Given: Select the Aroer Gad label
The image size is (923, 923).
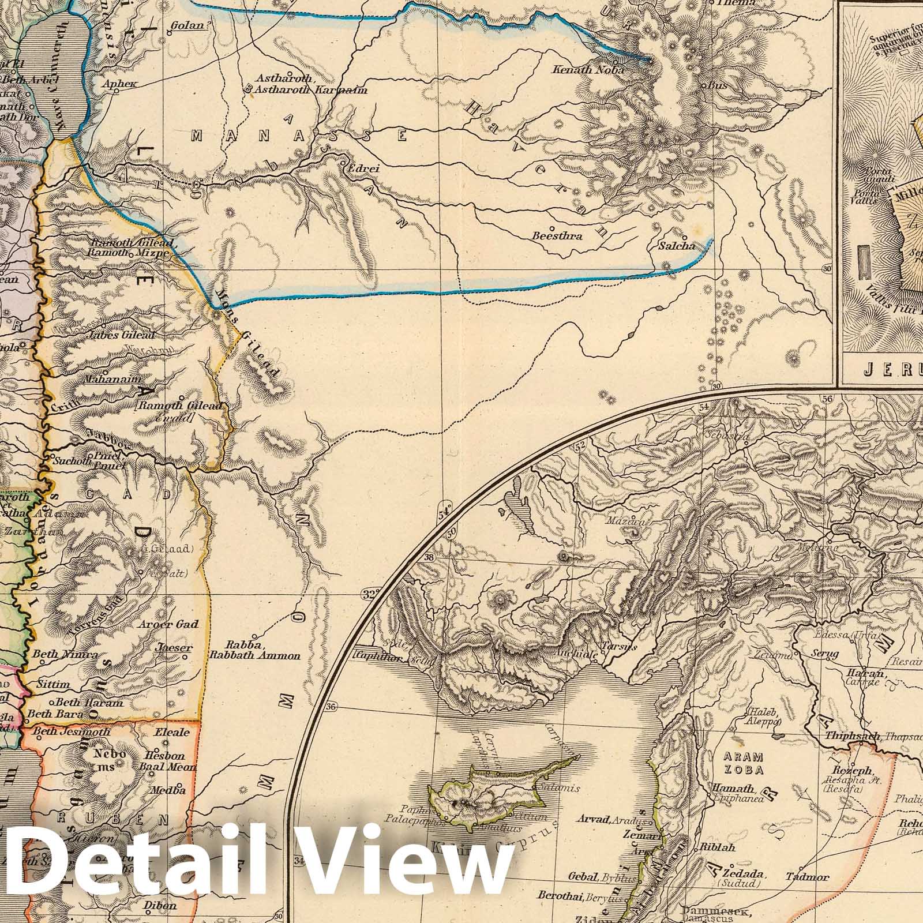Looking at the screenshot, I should coord(169,624).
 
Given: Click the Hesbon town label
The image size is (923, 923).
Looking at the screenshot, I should coord(166,755).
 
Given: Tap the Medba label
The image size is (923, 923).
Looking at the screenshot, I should coord(168,790).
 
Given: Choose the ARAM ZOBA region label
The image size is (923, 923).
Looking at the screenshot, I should coord(740,763).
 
